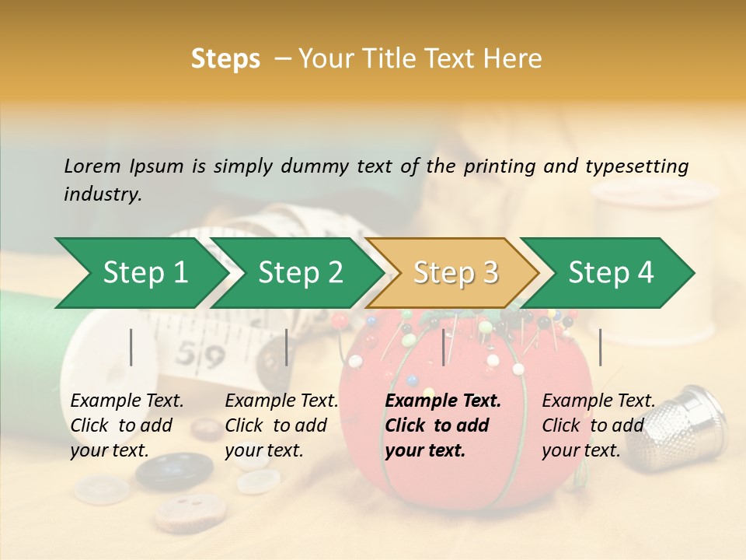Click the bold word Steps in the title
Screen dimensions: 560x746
click(225, 59)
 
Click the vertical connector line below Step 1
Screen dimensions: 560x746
click(131, 347)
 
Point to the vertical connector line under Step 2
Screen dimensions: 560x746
click(287, 347)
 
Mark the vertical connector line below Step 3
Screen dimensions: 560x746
click(444, 347)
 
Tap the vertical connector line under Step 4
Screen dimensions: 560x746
click(600, 347)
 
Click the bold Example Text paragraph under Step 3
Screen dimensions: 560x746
click(443, 425)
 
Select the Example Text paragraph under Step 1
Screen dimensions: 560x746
click(127, 425)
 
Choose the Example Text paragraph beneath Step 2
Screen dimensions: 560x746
click(281, 425)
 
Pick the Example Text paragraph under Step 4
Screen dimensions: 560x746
click(598, 425)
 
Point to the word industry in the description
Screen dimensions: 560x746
click(101, 194)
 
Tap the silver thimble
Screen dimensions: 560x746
click(684, 424)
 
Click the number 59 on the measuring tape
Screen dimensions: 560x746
click(191, 355)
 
